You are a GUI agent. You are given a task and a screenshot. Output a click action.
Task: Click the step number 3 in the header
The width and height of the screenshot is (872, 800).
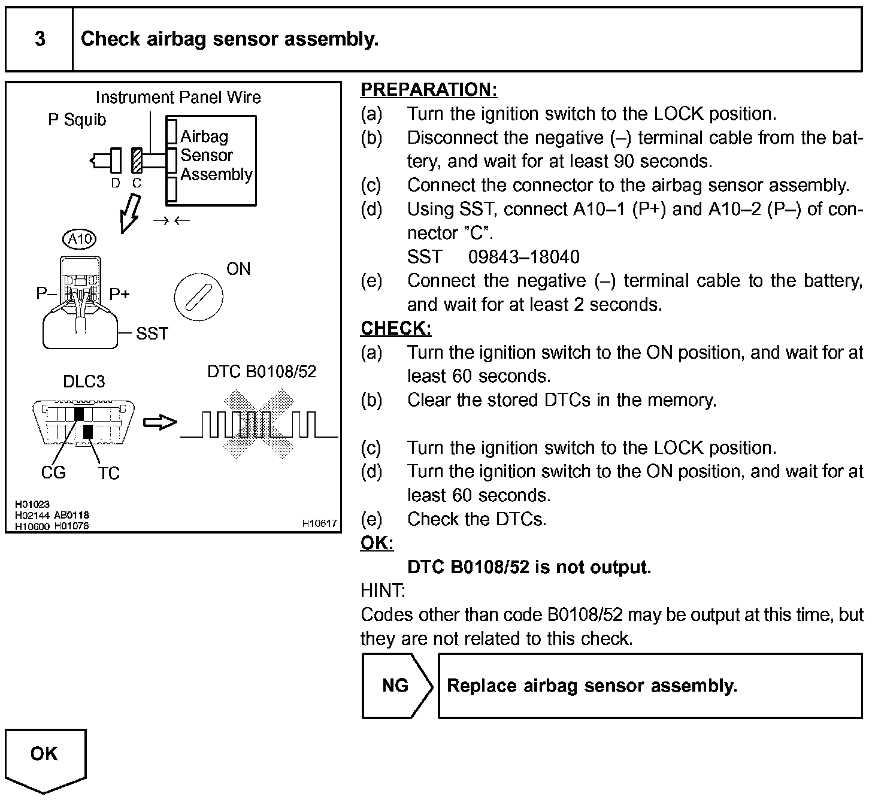click(40, 39)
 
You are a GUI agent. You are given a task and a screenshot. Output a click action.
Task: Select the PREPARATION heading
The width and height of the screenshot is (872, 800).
click(428, 90)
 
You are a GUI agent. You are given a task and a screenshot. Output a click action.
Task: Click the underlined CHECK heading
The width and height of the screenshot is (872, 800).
click(395, 328)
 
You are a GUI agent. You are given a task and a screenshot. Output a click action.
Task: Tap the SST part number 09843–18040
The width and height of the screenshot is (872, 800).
click(523, 257)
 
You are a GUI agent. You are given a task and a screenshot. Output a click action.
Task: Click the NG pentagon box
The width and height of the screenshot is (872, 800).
click(396, 685)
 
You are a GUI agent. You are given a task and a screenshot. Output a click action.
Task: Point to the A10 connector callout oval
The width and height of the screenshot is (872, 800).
click(80, 240)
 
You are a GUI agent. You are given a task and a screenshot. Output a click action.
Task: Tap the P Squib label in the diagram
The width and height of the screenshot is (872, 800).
click(77, 120)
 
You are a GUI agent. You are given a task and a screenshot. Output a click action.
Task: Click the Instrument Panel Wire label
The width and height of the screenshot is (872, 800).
click(178, 97)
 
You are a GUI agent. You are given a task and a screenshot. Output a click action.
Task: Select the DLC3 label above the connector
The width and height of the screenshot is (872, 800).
click(84, 381)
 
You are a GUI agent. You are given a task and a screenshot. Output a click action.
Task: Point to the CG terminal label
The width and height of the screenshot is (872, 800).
click(53, 472)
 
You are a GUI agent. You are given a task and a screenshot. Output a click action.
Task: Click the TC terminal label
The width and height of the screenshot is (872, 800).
click(109, 474)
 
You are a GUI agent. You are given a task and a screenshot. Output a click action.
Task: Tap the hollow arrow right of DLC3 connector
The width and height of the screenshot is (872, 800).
click(160, 423)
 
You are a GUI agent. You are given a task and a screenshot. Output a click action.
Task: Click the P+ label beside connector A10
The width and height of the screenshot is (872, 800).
click(119, 294)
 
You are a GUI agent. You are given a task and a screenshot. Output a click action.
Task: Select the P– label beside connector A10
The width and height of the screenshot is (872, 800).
click(46, 293)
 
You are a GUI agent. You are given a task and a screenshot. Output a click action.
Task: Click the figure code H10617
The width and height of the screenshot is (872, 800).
click(319, 523)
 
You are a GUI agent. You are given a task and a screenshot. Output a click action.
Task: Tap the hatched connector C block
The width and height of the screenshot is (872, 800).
click(137, 160)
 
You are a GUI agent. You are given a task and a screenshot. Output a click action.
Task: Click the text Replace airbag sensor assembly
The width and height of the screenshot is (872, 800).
click(592, 685)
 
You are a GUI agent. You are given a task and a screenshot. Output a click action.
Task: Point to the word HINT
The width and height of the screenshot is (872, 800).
click(382, 590)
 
